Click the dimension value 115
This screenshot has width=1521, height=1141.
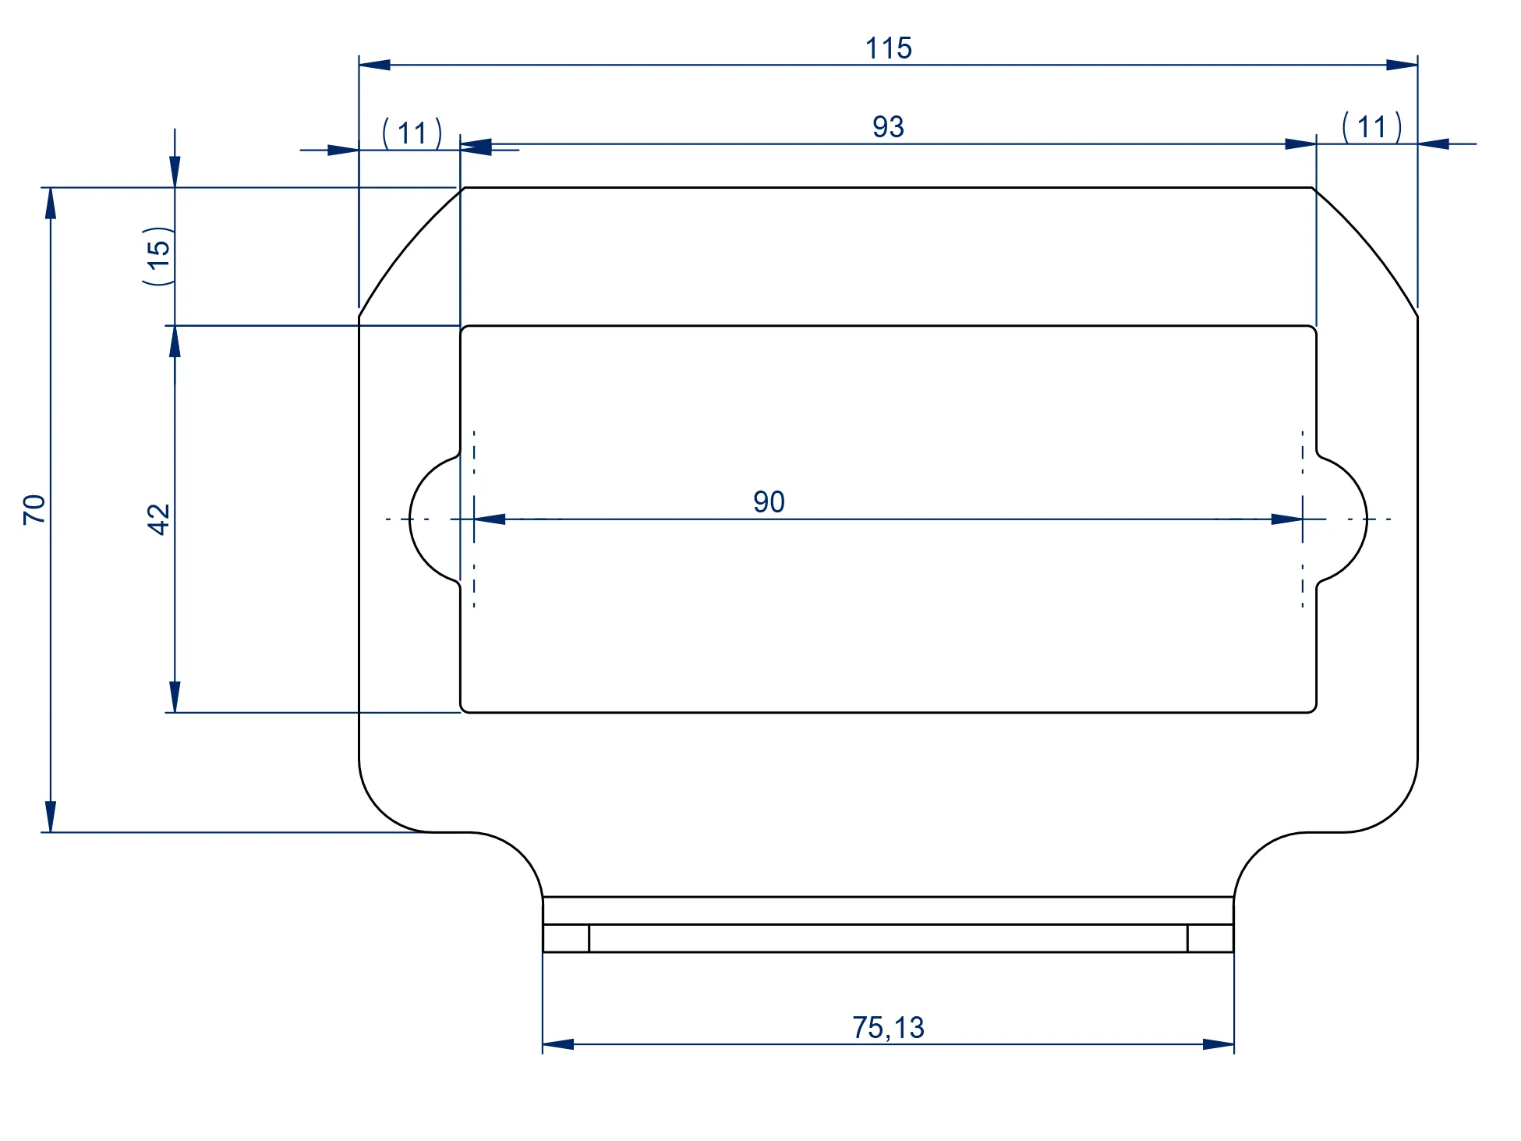888,48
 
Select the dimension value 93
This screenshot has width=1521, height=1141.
888,127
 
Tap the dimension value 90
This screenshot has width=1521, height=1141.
769,502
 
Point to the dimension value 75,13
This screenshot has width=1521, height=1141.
888,1028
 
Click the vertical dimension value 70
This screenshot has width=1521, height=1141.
34,509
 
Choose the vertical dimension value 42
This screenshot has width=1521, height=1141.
158,519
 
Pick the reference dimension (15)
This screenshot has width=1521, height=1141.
157,255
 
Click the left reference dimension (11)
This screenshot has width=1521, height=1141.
412,133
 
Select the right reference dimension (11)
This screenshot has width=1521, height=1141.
1371,127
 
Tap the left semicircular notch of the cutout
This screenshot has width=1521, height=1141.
433,519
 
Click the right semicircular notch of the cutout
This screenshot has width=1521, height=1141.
1343,519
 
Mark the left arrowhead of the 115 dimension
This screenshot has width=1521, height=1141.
374,65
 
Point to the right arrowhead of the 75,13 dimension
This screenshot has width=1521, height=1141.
1219,1044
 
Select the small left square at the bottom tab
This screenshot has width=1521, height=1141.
566,938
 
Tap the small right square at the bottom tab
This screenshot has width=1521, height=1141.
1210,938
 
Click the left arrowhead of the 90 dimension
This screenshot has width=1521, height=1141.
490,519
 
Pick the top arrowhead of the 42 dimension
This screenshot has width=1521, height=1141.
175,342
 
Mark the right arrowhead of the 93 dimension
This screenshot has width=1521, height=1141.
1300,144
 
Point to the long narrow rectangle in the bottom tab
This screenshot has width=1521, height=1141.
888,938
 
